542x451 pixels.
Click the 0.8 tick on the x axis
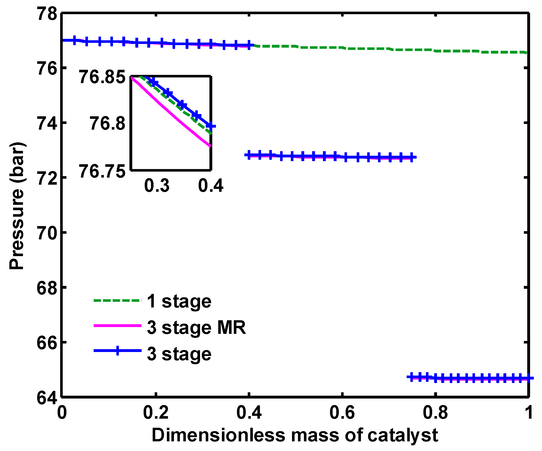point(435,412)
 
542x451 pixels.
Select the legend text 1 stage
point(179,301)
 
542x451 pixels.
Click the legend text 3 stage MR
point(196,328)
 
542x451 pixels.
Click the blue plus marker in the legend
point(117,351)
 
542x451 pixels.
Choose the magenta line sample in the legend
point(117,326)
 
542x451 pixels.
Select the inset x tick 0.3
point(157,186)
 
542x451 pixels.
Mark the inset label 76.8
point(108,124)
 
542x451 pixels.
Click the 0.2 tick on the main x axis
point(156,412)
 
